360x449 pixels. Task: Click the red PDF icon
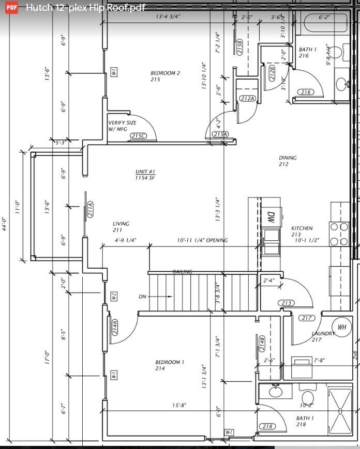[x=11, y=8]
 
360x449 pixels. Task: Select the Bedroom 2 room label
[x=165, y=76]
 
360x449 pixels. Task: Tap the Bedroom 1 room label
[x=169, y=365]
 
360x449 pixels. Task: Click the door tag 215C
[x=138, y=136]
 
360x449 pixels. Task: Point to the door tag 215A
[x=220, y=134]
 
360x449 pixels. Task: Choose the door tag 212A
[x=247, y=98]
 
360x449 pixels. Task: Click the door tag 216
[x=306, y=92]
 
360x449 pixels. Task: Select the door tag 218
[x=267, y=426]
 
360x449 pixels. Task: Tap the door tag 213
[x=286, y=303]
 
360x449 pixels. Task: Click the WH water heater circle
[x=342, y=327]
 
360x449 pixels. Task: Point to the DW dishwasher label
[x=271, y=217]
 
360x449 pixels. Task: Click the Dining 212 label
[x=288, y=161]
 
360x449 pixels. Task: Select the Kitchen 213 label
[x=302, y=231]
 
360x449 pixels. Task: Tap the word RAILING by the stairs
[x=182, y=272]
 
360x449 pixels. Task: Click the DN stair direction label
[x=143, y=297]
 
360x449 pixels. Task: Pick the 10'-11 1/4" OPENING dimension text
[x=202, y=240]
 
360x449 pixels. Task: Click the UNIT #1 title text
[x=145, y=175]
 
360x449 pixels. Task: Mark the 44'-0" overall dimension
[x=5, y=224]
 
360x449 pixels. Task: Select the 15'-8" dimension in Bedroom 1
[x=179, y=406]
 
